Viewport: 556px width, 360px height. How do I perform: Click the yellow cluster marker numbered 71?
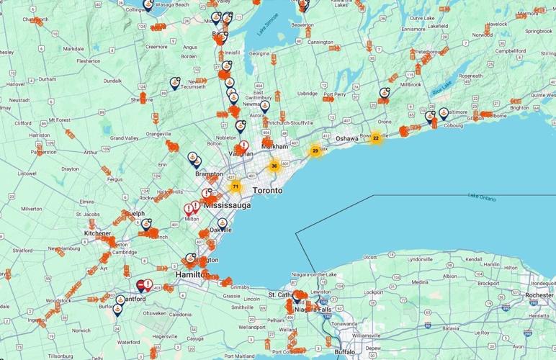point(235,186)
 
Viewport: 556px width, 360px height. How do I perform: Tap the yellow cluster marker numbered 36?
point(274,166)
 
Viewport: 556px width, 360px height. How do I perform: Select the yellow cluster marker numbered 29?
point(315,151)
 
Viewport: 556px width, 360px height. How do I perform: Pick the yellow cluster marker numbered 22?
point(375,138)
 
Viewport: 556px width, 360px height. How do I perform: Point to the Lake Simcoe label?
point(269,30)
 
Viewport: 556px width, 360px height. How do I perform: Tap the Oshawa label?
point(347,138)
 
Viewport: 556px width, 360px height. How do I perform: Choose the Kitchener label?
point(97,233)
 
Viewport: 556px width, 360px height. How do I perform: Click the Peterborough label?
point(428,52)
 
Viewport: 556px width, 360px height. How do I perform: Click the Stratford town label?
point(22,250)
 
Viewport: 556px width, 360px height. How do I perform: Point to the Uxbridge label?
point(308,94)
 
